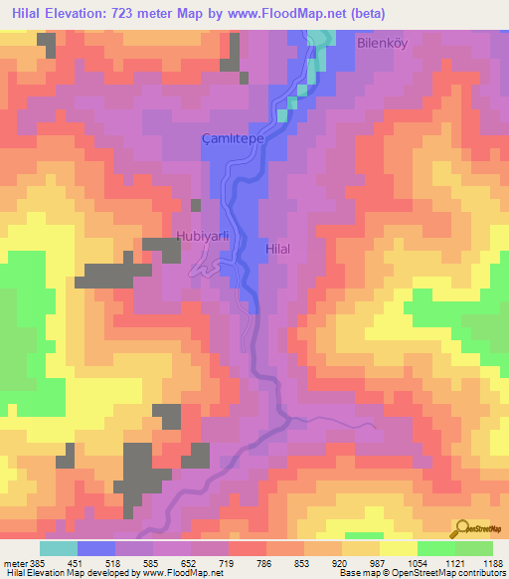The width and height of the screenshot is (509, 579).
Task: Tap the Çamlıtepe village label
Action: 232,140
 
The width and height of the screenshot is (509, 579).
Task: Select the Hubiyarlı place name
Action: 203,236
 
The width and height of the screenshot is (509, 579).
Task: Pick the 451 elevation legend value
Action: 77,562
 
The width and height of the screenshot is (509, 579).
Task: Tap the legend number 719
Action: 228,562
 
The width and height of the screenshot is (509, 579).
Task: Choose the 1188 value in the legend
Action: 493,562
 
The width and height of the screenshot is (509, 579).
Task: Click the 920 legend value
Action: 341,562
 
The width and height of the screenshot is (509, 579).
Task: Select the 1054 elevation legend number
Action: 418,562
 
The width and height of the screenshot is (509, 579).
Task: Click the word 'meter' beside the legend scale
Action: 13,562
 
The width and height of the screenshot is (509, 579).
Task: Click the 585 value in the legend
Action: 152,562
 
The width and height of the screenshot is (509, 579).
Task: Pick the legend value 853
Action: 303,562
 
